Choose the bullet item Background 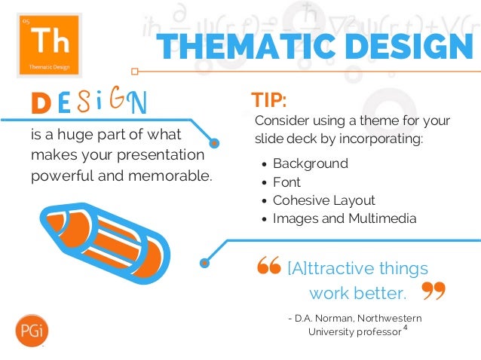(x=310, y=163)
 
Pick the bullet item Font (x=286, y=182)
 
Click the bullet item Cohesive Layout (x=323, y=200)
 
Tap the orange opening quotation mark (x=268, y=267)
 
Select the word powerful (x=62, y=177)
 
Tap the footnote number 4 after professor (x=406, y=328)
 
